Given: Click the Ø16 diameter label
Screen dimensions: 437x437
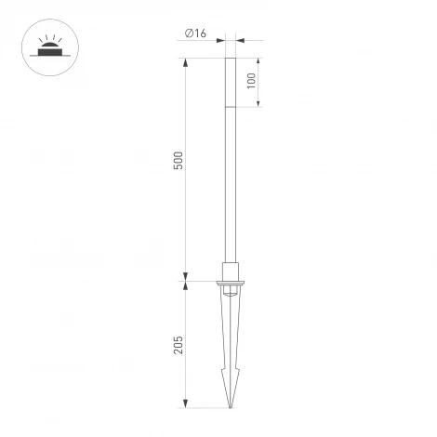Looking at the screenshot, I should pyautogui.click(x=195, y=33).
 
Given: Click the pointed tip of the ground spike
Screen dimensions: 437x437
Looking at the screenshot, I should pyautogui.click(x=230, y=405).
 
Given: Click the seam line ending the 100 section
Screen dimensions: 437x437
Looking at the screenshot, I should pyautogui.click(x=230, y=106).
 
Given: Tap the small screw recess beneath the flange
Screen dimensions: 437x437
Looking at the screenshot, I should pyautogui.click(x=230, y=296).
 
